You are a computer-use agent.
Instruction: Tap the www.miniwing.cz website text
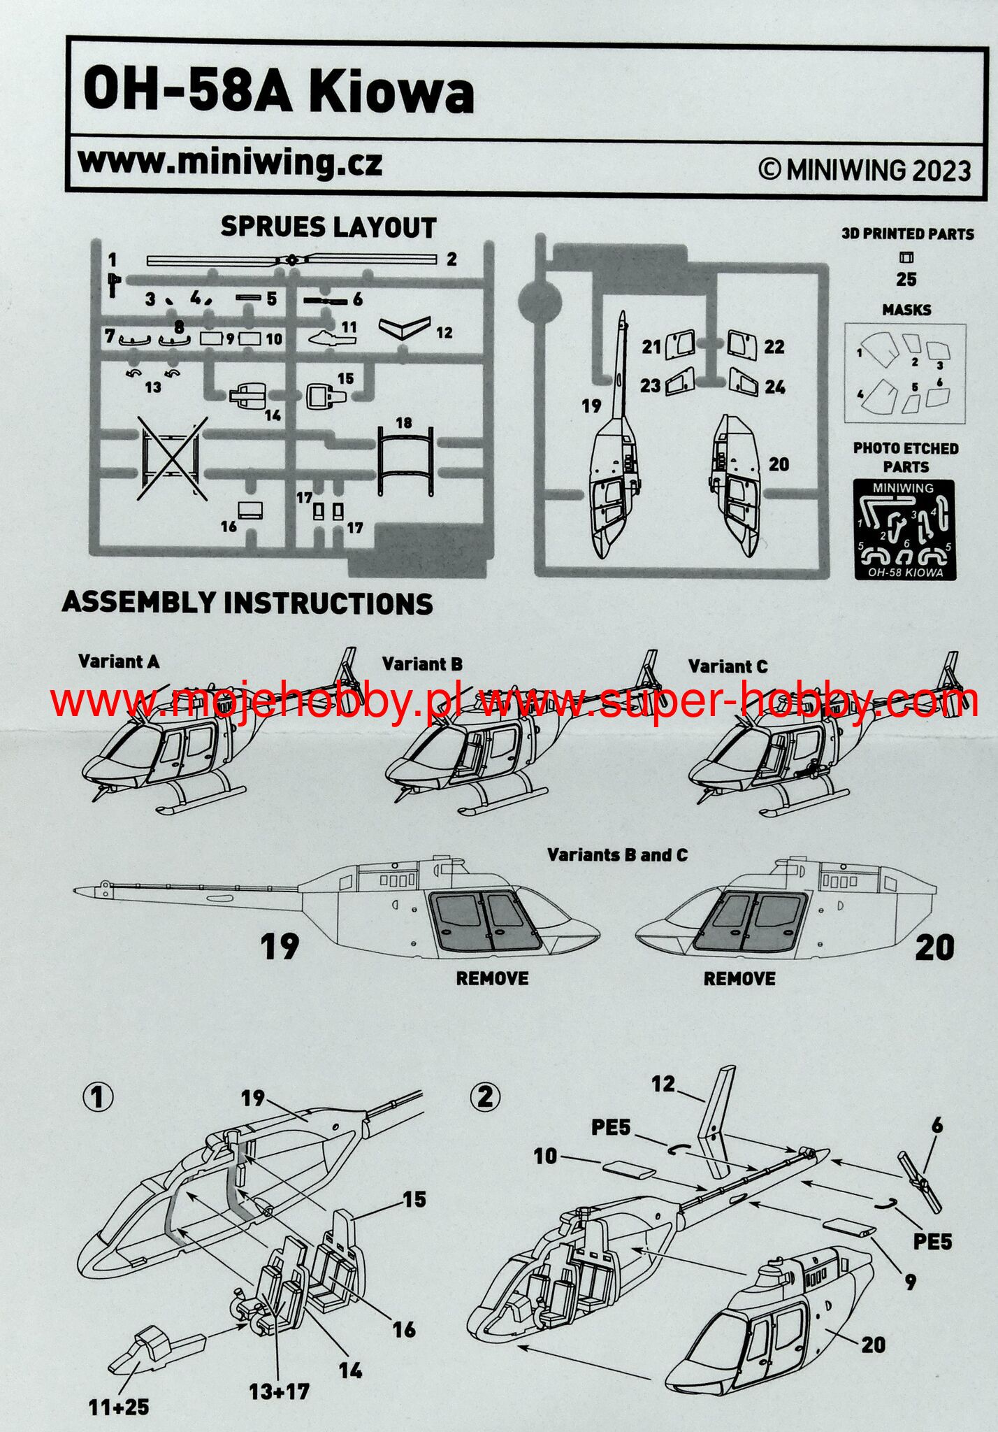coord(230,164)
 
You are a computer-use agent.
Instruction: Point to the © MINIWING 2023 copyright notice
coord(865,170)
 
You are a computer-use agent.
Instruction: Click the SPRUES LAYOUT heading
coord(328,227)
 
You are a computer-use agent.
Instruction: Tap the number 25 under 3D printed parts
coord(906,279)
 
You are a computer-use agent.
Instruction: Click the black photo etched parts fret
coord(906,529)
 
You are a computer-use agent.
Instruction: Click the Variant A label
coord(118,661)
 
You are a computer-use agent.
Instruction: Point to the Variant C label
coord(728,666)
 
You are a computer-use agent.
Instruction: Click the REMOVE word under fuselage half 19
coord(492,978)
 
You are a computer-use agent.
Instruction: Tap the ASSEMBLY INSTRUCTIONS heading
coord(247,603)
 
